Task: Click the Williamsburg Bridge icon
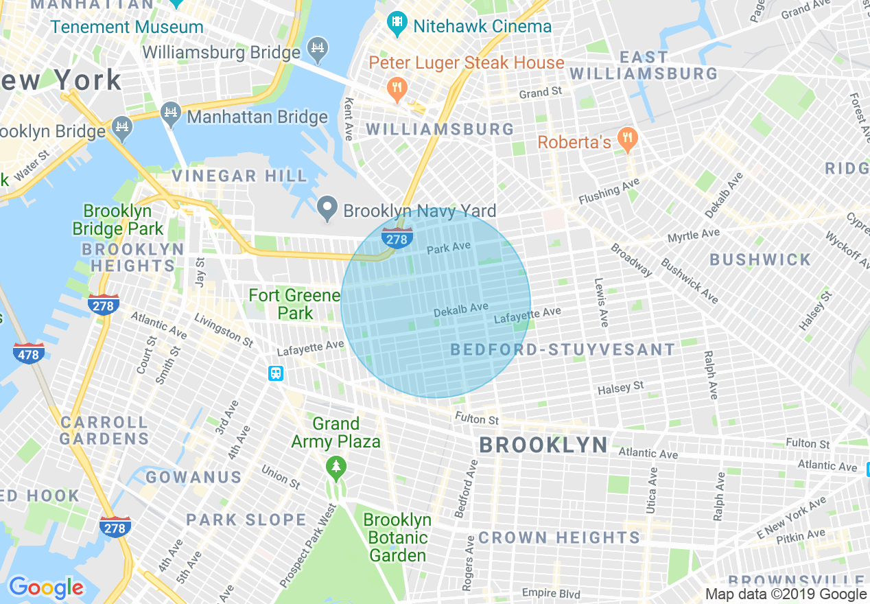[318, 49]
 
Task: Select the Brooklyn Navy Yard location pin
[328, 209]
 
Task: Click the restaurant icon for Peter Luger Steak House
[397, 88]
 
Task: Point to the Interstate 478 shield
[29, 353]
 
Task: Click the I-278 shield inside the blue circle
[397, 238]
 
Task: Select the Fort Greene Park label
[294, 304]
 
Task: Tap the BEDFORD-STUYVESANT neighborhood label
[563, 350]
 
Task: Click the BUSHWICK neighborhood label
[760, 259]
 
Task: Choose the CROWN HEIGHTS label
[559, 537]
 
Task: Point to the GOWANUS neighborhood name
[193, 477]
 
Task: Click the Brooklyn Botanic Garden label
[397, 537]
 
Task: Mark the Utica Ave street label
[651, 490]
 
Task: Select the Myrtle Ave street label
[694, 235]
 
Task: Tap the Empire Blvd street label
[550, 593]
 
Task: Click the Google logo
[46, 588]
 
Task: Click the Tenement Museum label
[127, 27]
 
